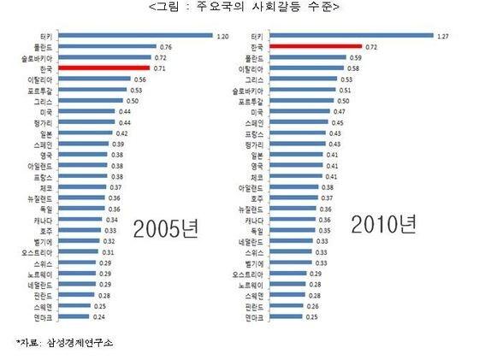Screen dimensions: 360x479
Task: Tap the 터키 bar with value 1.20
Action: click(137, 35)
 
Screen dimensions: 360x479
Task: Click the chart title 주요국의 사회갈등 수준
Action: click(239, 8)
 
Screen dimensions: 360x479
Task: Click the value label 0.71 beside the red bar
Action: click(162, 67)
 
